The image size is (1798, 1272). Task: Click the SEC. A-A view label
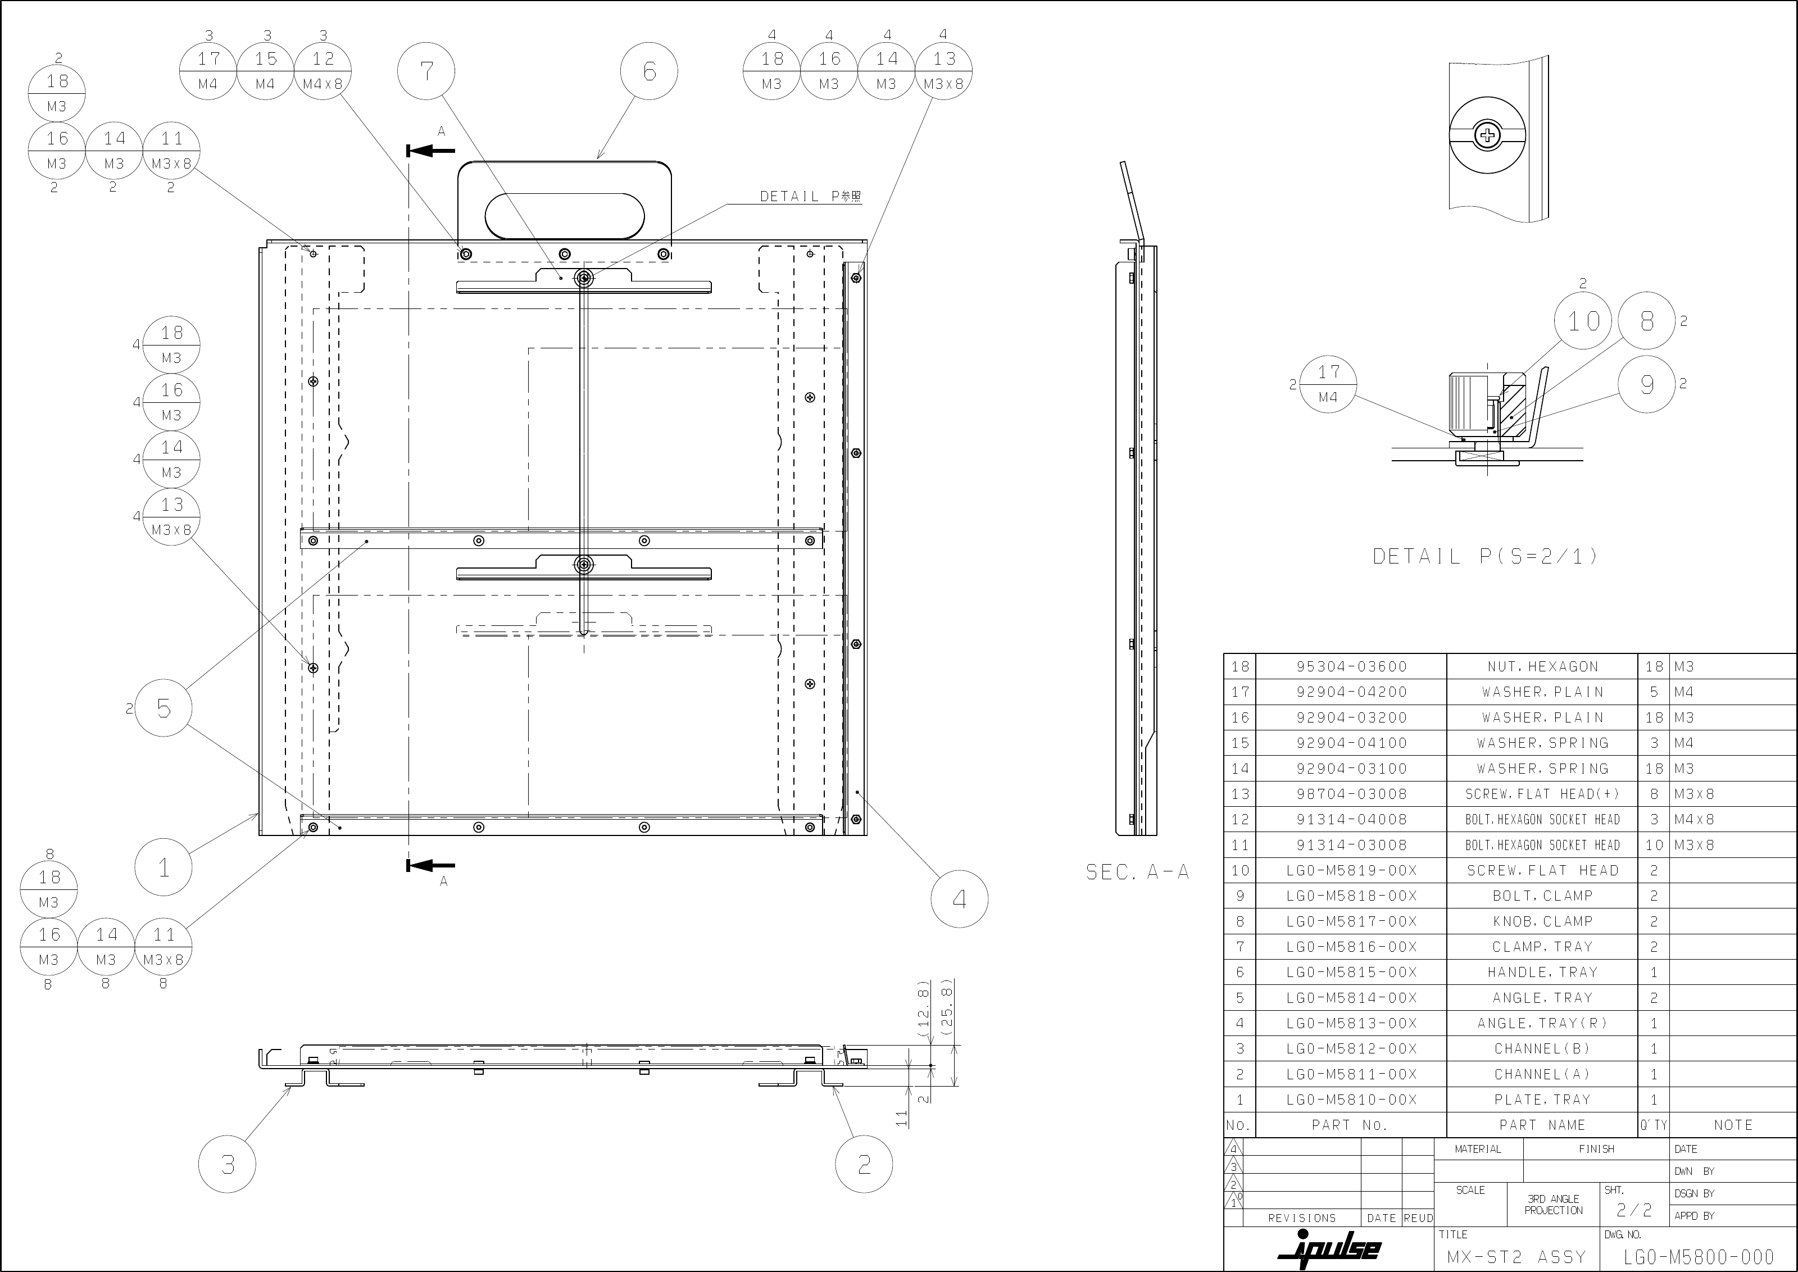[x=1137, y=872]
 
